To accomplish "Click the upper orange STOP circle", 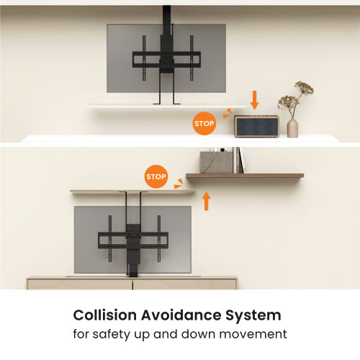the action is (204, 123).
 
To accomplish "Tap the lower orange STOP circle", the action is (156, 176).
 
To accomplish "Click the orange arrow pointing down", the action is (254, 100).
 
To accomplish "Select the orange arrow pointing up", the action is (206, 201).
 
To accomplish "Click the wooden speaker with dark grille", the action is (256, 126).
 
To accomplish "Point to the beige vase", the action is (292, 128).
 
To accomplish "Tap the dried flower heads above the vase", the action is (296, 96).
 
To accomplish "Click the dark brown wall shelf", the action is (245, 176).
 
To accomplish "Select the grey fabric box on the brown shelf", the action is (216, 162).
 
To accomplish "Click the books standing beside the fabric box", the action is (239, 161).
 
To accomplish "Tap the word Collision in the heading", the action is (105, 315).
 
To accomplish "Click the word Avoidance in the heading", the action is (181, 315).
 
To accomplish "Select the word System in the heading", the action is (253, 316).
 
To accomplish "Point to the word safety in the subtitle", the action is (112, 334).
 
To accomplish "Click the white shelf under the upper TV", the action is (166, 106).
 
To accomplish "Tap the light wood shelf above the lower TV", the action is (132, 192).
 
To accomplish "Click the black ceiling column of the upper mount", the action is (166, 29).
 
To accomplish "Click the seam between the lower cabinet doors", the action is (132, 284).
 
